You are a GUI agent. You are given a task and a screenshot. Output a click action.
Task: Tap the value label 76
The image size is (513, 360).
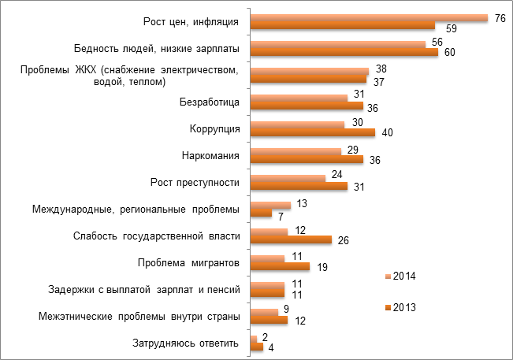[x=500, y=17]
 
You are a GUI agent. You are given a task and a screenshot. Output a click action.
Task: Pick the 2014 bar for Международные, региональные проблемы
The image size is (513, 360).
[x=270, y=205]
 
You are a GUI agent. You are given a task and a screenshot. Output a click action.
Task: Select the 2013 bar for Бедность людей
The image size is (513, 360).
[x=344, y=53]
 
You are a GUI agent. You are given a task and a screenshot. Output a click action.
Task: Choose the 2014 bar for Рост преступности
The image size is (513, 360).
[x=287, y=178]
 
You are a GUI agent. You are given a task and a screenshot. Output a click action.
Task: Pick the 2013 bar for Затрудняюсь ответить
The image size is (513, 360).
[x=256, y=347]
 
